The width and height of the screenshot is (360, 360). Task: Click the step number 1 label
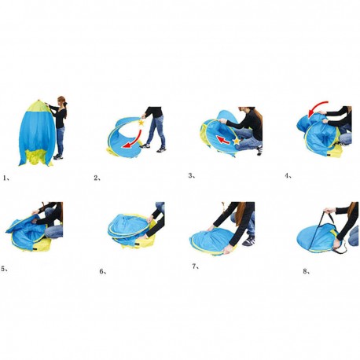pyautogui.click(x=6, y=178)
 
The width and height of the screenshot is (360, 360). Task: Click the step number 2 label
pyautogui.click(x=97, y=178)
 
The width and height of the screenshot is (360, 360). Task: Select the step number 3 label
pyautogui.click(x=192, y=176)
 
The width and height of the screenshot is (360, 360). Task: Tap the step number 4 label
pyautogui.click(x=288, y=176)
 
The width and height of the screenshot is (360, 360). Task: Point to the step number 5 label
pyautogui.click(x=5, y=269)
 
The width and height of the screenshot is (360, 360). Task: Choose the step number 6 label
pyautogui.click(x=103, y=272)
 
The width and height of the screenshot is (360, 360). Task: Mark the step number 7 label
pyautogui.click(x=196, y=266)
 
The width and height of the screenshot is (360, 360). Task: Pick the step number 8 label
pyautogui.click(x=307, y=271)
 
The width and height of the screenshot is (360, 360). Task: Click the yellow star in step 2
pyautogui.click(x=141, y=122)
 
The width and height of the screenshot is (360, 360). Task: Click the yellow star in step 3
pyautogui.click(x=237, y=141)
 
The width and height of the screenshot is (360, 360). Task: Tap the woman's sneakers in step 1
pyautogui.click(x=58, y=156)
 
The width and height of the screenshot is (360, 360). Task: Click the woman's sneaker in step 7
pyautogui.click(x=248, y=241)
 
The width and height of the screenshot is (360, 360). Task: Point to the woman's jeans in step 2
pyautogui.click(x=156, y=131)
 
